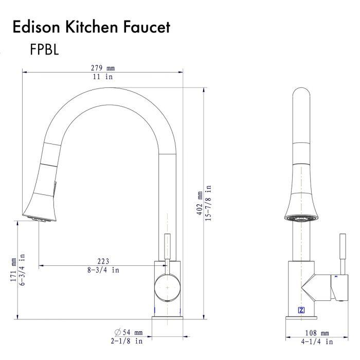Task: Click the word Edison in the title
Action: pos(37,27)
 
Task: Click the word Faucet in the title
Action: pos(147,27)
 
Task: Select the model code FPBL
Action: pos(44,49)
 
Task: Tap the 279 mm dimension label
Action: pos(103,68)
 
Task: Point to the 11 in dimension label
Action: pos(103,77)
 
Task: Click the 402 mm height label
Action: pos(200,203)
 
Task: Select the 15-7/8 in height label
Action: pos(208,203)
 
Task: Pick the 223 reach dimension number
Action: pos(103,261)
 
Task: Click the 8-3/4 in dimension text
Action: pos(103,270)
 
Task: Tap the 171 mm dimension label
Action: pos(13,270)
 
